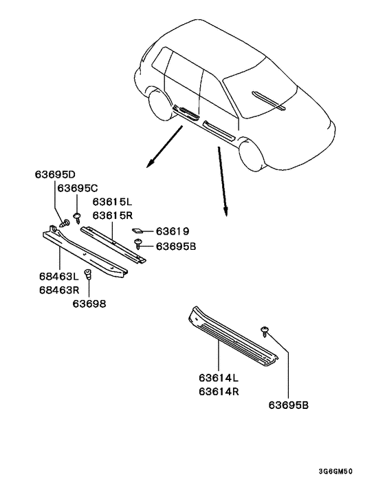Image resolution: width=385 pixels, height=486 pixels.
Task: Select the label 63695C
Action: [x=78, y=188]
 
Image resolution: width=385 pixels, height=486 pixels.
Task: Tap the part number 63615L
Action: [x=113, y=202]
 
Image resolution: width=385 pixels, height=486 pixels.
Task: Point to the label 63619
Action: [x=172, y=231]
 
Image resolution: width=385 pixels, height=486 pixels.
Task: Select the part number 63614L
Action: [x=219, y=378]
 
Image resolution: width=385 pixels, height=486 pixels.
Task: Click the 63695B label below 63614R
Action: [x=289, y=405]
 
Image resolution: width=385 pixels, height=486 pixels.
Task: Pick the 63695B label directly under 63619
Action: [x=177, y=245]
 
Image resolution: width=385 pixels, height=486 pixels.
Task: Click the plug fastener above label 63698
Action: [x=88, y=275]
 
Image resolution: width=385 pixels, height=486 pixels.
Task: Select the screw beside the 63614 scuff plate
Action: [x=265, y=332]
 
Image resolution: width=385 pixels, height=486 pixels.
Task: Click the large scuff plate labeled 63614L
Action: [x=230, y=334]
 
